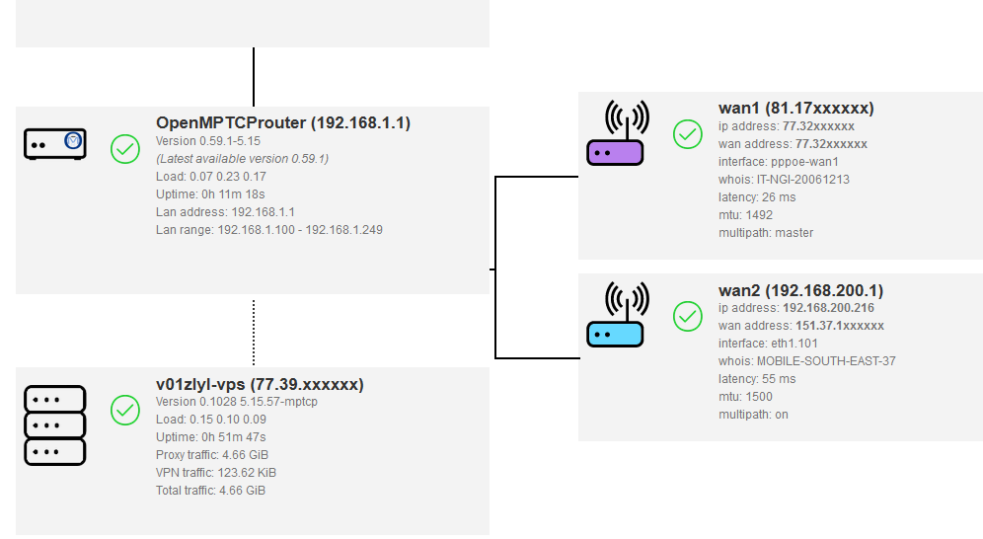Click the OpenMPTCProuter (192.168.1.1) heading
283,123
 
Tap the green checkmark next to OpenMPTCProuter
125,149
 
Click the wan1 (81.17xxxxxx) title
795,109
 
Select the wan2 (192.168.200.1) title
800,290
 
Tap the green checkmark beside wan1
688,134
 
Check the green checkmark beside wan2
688,316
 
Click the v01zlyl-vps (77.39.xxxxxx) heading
260,384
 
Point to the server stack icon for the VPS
55,424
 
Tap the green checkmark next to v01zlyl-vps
125,411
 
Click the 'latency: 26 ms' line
757,197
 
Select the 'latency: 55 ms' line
757,379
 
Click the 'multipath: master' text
767,233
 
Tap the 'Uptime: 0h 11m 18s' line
210,194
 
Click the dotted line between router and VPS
254,333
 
